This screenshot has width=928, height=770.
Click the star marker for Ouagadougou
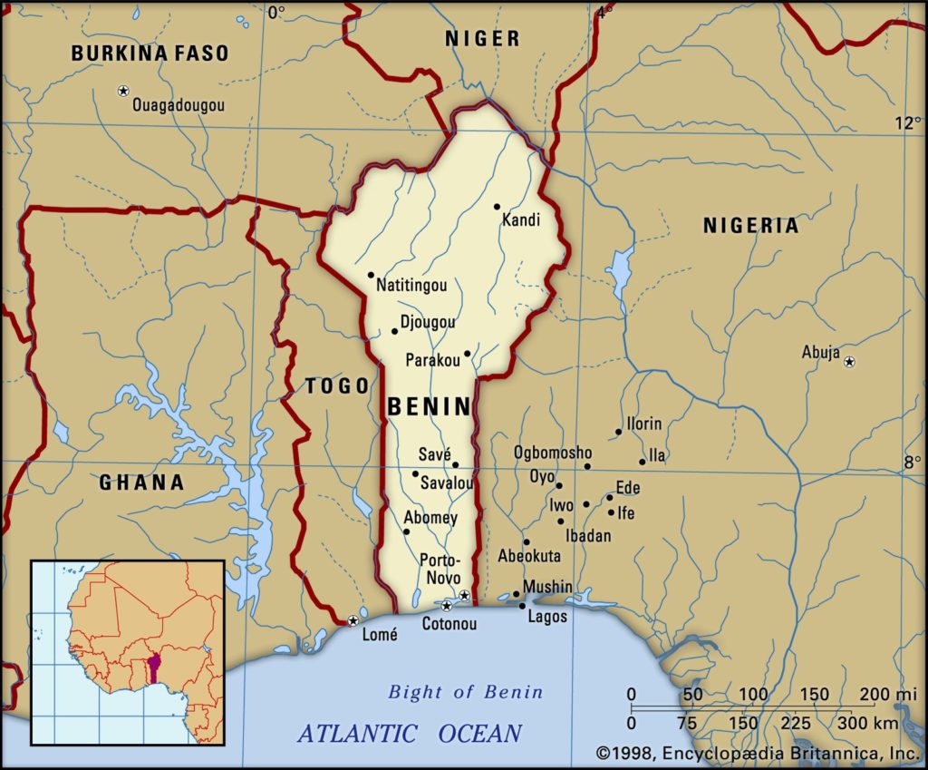[x=123, y=91]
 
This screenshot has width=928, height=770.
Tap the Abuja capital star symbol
[x=849, y=362]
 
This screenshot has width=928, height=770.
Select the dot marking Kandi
[x=497, y=207]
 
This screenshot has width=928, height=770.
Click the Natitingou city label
[x=411, y=286]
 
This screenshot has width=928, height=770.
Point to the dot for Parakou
[x=468, y=354]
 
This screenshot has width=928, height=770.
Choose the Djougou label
[x=428, y=322]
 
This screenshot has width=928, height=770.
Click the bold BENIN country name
[x=430, y=407]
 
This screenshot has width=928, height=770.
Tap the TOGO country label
[x=337, y=386]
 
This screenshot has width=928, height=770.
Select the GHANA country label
[x=141, y=482]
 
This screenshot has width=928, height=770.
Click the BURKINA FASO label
[x=150, y=54]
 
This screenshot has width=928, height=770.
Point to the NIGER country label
[x=482, y=38]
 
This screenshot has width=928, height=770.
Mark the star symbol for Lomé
[x=353, y=621]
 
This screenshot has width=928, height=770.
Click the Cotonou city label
[x=449, y=624]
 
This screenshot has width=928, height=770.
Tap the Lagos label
[x=548, y=617]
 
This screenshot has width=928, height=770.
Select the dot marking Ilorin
[x=619, y=432]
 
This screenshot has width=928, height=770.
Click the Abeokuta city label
[x=529, y=556]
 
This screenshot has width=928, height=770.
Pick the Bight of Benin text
[x=466, y=692]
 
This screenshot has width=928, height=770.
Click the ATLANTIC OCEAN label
[x=411, y=733]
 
